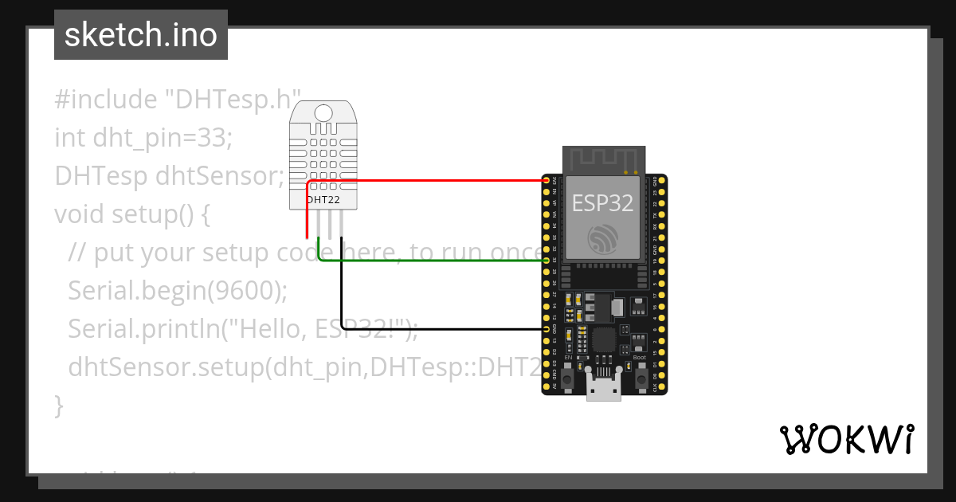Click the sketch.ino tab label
tap(140, 35)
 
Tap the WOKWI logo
tap(846, 439)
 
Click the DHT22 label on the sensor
tap(323, 200)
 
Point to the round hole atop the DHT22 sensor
tap(323, 112)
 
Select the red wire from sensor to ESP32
tap(430, 181)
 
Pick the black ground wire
tap(438, 329)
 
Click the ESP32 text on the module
tap(602, 203)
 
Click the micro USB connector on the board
tap(603, 389)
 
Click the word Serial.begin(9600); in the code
tap(178, 291)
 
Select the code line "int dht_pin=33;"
tap(143, 138)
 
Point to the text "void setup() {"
tap(131, 214)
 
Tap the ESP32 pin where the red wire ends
tap(547, 181)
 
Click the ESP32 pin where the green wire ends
tap(547, 261)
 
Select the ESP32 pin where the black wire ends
tap(547, 329)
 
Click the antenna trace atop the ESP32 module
tap(602, 158)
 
